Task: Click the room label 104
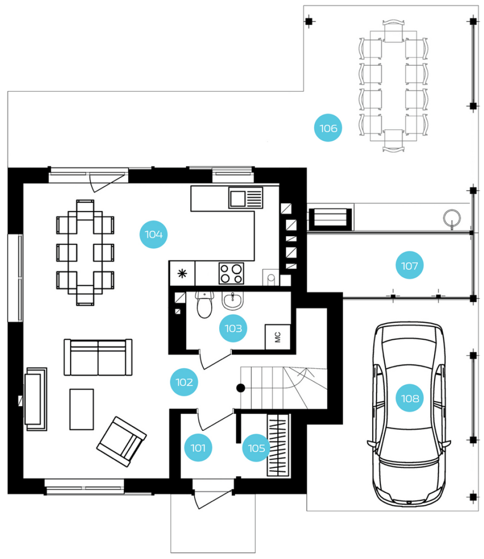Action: click(x=153, y=234)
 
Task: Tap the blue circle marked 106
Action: click(x=328, y=128)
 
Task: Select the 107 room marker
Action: click(x=409, y=265)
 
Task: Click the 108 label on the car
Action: click(x=410, y=398)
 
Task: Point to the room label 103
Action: click(x=233, y=328)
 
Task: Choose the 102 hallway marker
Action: click(x=184, y=382)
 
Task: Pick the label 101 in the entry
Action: click(x=198, y=448)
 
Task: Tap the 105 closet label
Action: click(x=256, y=448)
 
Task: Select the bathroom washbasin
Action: click(x=233, y=301)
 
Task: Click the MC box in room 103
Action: click(x=278, y=337)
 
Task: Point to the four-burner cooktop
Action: click(x=231, y=273)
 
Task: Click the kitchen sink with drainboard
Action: click(x=245, y=197)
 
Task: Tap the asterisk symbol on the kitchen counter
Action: click(x=182, y=273)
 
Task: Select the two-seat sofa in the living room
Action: click(x=98, y=357)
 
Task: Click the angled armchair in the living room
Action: click(x=121, y=441)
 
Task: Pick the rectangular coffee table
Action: click(x=82, y=409)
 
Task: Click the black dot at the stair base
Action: click(x=241, y=388)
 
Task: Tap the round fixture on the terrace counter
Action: click(x=452, y=218)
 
